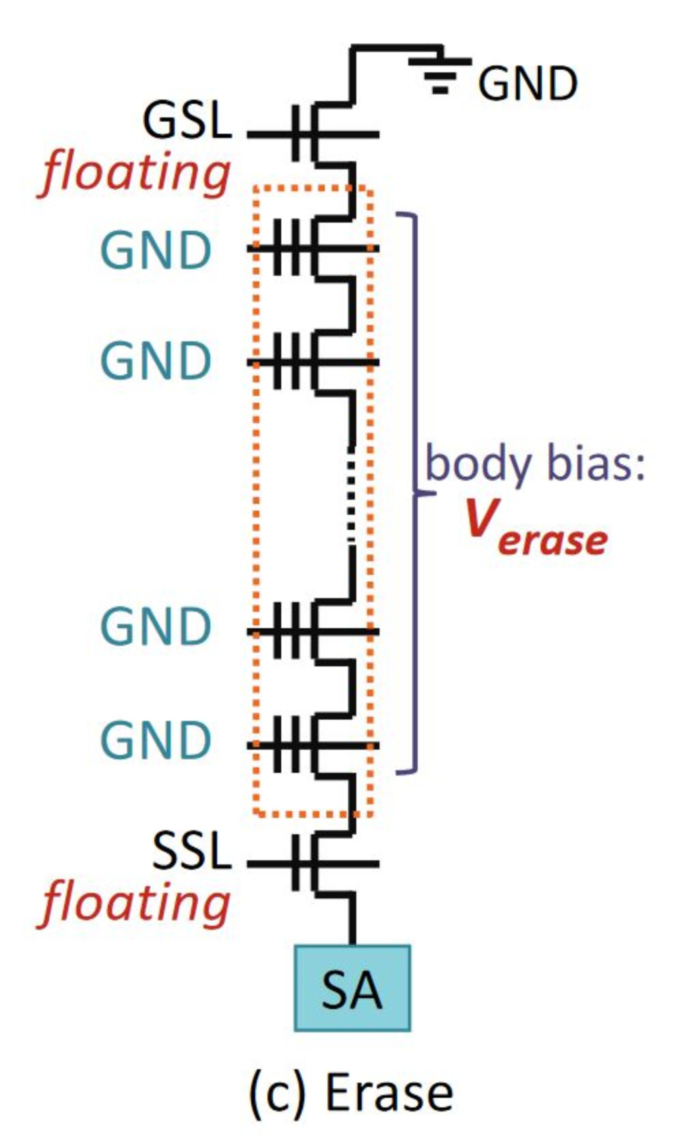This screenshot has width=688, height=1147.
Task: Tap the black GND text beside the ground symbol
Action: [527, 85]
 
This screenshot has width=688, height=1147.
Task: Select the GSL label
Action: [186, 121]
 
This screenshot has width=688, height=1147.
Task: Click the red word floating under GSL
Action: [135, 173]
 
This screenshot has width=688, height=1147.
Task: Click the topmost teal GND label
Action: [156, 250]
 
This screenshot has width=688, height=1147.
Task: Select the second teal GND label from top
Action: [156, 361]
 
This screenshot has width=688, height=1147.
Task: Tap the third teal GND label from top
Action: [156, 627]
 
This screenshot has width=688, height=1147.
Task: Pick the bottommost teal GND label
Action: [156, 740]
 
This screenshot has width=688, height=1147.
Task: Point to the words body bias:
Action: [535, 464]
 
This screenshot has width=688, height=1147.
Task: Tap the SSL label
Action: [191, 851]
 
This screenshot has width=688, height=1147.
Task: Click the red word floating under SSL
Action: [135, 903]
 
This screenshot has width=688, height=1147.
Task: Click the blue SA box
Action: [352, 988]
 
